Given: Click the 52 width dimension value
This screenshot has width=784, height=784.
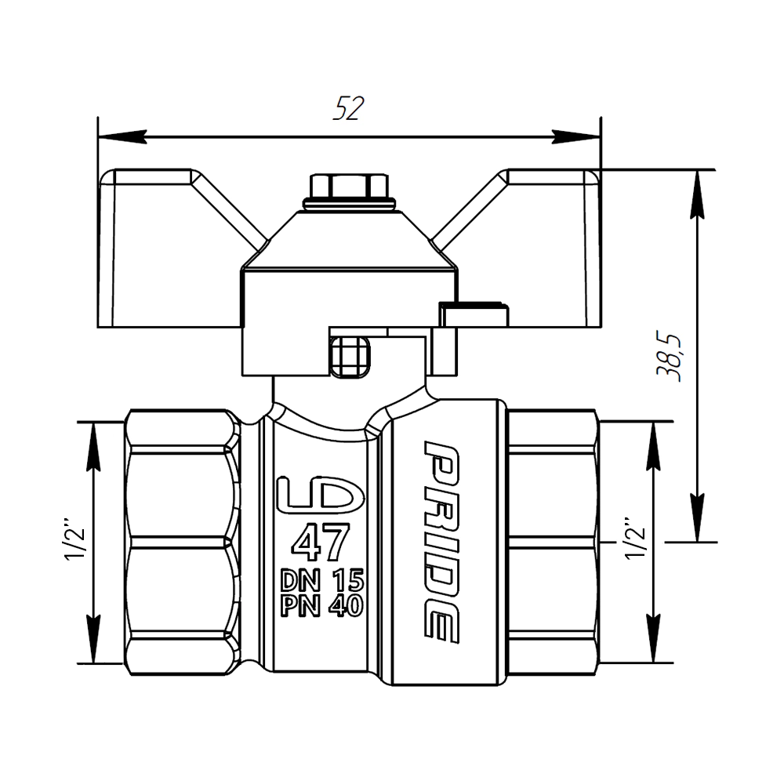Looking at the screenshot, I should [x=349, y=110].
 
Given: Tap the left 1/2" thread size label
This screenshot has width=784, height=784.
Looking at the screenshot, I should [x=77, y=541].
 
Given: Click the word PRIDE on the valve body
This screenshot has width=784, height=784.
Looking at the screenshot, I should [x=441, y=541].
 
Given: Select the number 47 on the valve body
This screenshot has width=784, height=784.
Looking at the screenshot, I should [x=320, y=543].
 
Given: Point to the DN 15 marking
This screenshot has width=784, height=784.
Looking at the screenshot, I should [x=322, y=581].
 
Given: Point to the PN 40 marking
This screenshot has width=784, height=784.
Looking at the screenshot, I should [x=322, y=606].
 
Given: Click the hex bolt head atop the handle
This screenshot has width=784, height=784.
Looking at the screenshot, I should [x=349, y=187].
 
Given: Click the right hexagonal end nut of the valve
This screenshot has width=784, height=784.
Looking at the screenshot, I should [x=553, y=541].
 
